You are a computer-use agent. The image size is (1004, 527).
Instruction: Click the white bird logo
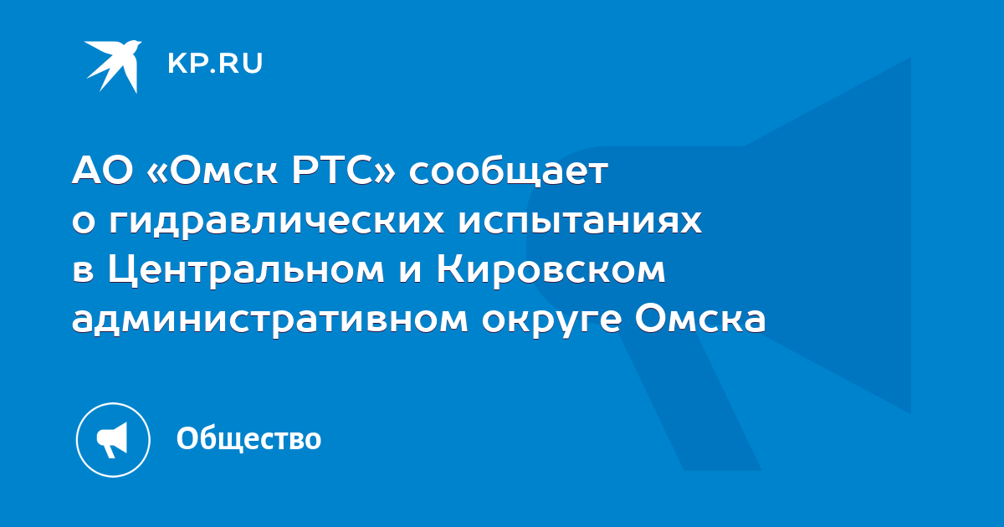(113, 66)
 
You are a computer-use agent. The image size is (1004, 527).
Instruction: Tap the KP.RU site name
(215, 64)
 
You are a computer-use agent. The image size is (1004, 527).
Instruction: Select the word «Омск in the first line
(212, 171)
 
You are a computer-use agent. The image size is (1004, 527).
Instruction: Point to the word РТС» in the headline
(343, 171)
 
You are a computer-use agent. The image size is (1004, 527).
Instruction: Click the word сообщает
(509, 172)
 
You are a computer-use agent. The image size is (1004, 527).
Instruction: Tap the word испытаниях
(580, 222)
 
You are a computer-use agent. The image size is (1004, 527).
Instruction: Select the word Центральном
(246, 271)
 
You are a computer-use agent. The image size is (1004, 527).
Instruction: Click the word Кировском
(551, 270)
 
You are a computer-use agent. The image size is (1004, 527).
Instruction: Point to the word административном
(269, 320)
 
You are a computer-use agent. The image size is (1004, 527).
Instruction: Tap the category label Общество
(248, 438)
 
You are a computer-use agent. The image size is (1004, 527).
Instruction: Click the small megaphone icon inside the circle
(112, 440)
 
